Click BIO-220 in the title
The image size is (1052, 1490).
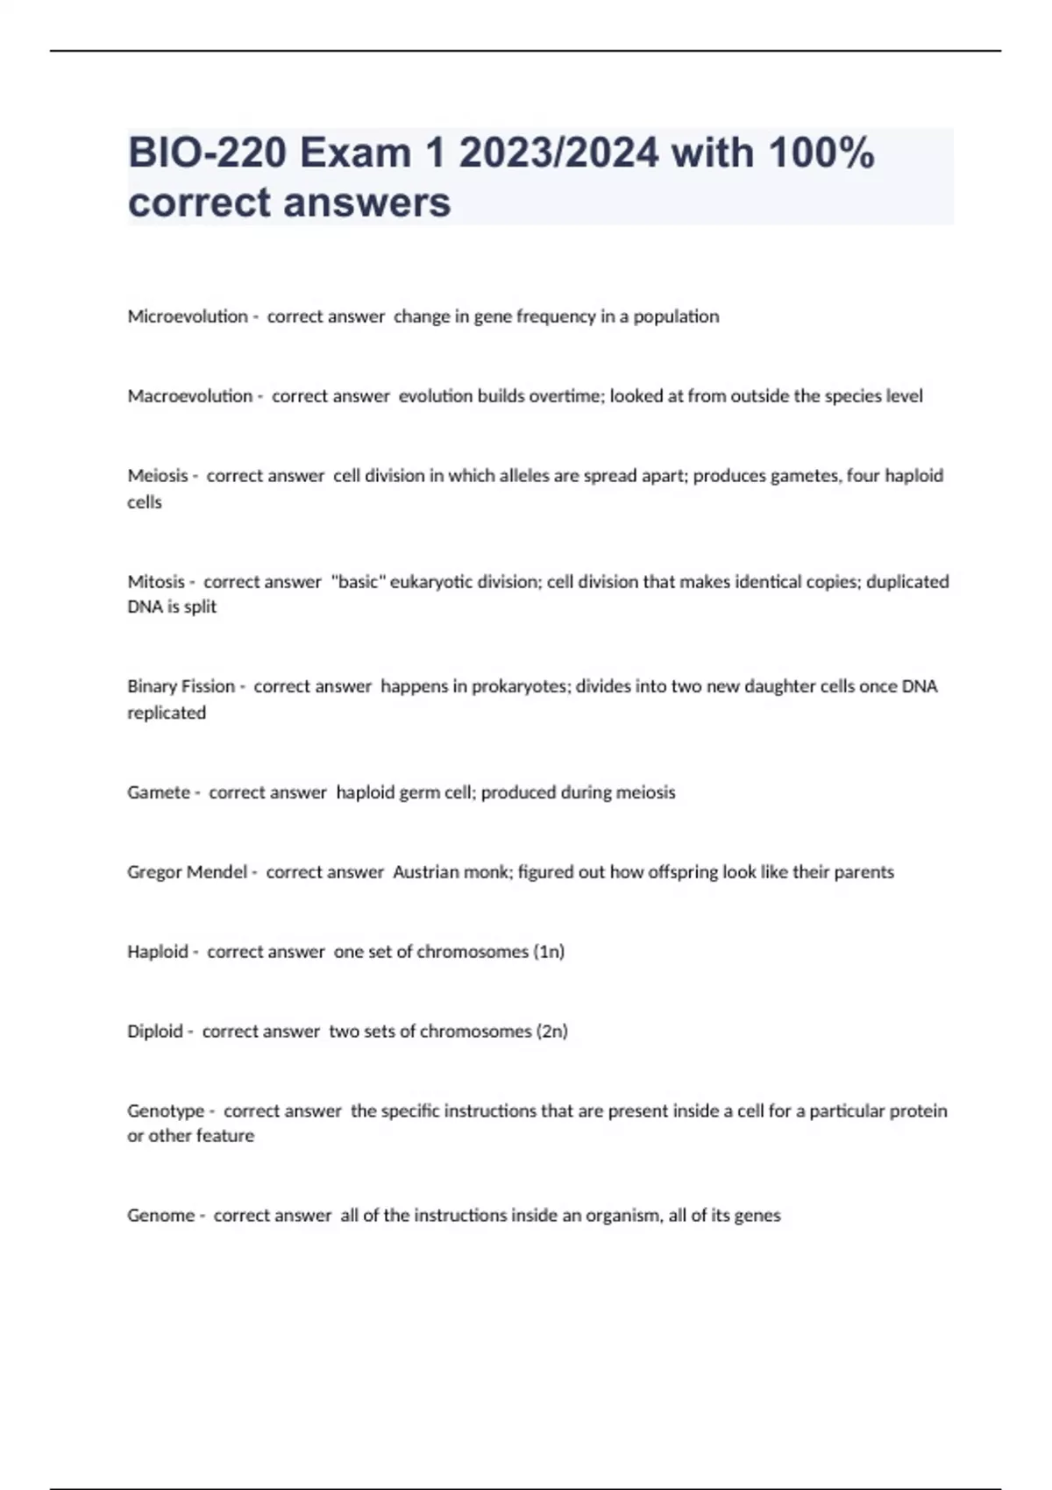point(207,153)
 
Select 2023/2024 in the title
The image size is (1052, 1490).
point(558,153)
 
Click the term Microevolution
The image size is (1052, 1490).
point(188,316)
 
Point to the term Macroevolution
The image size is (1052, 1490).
point(189,396)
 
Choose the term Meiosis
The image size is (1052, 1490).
point(158,476)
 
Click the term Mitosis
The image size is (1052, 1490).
point(156,582)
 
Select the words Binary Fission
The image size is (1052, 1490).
point(181,686)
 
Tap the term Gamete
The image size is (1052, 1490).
point(159,792)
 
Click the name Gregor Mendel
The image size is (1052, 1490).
point(187,872)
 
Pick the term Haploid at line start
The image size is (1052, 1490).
point(158,952)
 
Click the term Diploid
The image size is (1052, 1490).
point(155,1032)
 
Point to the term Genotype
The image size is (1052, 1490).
point(166,1111)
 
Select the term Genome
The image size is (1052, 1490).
point(160,1216)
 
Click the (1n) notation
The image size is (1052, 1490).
point(549,952)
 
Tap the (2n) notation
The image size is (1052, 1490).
point(552,1032)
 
